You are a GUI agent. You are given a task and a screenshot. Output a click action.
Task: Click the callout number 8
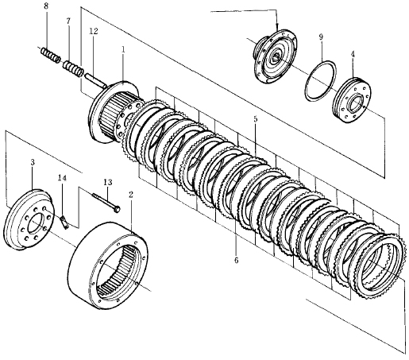click(46, 6)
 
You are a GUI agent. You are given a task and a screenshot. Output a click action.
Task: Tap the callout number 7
click(68, 21)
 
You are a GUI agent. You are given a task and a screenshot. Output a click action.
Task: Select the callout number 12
click(94, 31)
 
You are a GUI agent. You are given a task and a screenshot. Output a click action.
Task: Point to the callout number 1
click(123, 49)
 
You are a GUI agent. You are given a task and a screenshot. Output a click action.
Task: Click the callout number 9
click(321, 37)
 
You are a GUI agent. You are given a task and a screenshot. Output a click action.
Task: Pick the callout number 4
click(353, 54)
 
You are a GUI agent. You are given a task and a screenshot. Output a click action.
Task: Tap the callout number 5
click(255, 119)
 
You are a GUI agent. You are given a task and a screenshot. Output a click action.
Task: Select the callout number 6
click(236, 260)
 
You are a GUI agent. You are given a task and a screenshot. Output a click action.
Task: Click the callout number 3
click(33, 162)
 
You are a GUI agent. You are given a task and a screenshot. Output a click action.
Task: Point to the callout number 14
click(63, 178)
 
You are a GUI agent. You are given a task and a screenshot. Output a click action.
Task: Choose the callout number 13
click(108, 182)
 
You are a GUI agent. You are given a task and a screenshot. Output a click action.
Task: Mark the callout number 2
click(131, 195)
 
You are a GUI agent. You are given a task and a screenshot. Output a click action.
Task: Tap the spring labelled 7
click(73, 68)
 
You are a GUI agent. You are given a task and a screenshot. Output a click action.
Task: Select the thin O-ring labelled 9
click(320, 81)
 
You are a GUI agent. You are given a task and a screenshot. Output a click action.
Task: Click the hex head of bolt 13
click(116, 209)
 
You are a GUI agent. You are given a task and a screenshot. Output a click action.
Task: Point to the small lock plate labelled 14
click(64, 222)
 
